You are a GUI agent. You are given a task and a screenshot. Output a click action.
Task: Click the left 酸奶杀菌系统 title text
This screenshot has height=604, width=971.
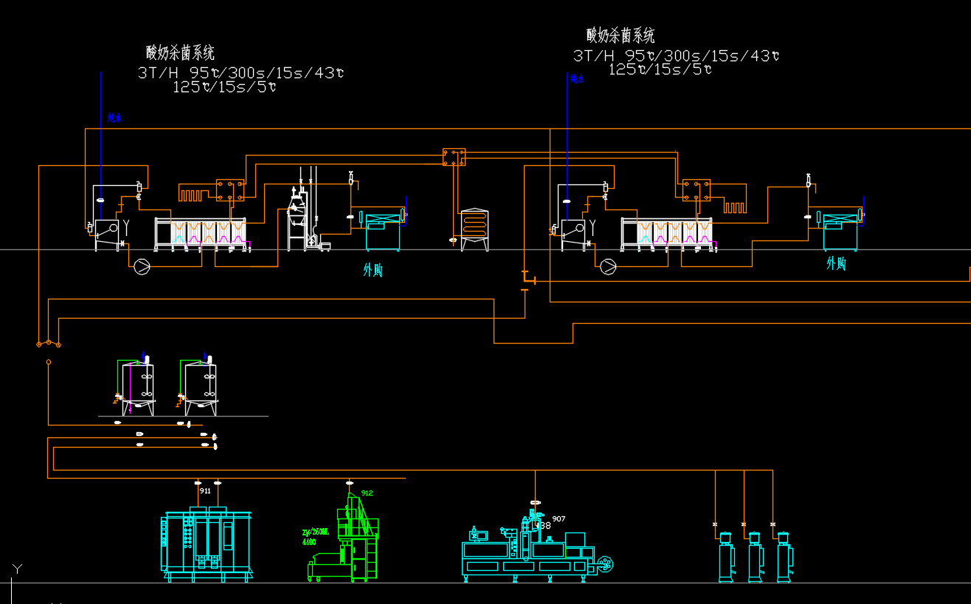click(x=180, y=52)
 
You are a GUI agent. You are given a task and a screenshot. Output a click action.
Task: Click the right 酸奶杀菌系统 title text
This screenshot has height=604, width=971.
click(x=621, y=35)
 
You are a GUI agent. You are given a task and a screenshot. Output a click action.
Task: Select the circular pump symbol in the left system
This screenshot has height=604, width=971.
click(x=141, y=266)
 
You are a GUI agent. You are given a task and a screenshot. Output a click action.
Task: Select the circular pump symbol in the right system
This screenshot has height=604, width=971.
click(x=608, y=266)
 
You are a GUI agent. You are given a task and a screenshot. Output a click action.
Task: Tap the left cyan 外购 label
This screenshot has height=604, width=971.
click(x=373, y=271)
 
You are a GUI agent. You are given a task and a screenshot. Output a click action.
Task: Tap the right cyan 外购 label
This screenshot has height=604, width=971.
click(x=836, y=263)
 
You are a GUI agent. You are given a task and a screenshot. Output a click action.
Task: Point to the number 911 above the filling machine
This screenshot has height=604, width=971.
click(x=205, y=490)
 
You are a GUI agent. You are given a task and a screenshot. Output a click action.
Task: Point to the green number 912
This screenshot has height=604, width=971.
click(x=367, y=493)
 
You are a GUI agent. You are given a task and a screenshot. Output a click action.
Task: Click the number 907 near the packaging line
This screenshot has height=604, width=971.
click(x=559, y=519)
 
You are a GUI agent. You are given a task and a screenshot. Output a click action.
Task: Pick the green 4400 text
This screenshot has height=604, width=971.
click(x=309, y=542)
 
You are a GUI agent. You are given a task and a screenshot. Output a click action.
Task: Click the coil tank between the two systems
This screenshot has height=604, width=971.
click(x=474, y=229)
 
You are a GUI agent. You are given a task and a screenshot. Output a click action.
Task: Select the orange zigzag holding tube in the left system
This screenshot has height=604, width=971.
click(x=196, y=195)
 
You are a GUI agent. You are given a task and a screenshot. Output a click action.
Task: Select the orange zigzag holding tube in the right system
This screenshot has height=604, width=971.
click(x=735, y=206)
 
